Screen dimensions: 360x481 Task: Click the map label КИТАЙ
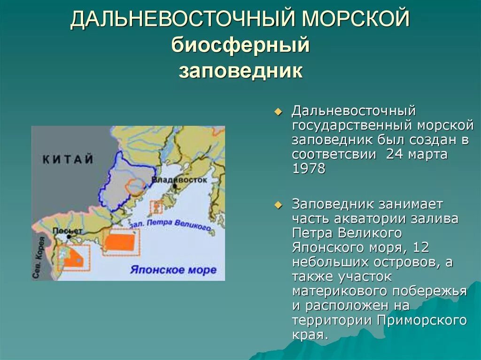(x=68, y=160)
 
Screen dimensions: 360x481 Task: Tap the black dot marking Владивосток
(x=174, y=186)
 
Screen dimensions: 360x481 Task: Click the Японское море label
(x=173, y=270)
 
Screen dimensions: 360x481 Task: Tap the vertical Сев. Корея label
(x=39, y=258)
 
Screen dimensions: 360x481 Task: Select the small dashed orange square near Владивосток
(x=156, y=207)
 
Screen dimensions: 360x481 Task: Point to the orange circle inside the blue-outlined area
(x=137, y=187)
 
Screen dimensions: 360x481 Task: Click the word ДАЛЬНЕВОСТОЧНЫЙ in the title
(x=182, y=20)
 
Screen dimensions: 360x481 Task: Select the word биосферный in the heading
(x=240, y=46)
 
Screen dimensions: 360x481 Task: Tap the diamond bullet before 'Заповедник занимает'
(x=278, y=205)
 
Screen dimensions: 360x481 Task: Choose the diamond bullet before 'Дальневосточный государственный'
(x=278, y=112)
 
